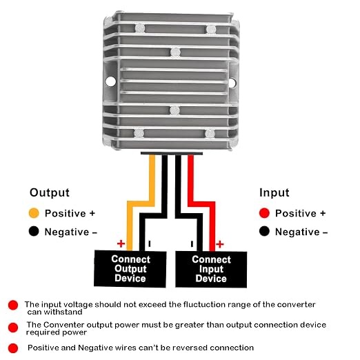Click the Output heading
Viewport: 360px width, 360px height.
coord(50,192)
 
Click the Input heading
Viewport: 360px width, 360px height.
coord(274,192)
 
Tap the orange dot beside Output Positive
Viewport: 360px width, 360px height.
coord(34,213)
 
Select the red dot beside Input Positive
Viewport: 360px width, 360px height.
coord(264,213)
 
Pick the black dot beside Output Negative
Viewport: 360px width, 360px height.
coord(34,231)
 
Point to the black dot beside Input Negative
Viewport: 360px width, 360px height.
coord(264,231)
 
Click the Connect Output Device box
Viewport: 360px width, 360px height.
coord(130,268)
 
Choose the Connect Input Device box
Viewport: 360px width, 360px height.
coord(211,269)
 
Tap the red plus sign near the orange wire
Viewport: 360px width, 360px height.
coord(121,243)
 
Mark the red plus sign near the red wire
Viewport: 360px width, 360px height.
coord(220,244)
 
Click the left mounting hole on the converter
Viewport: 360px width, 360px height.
coord(110,81)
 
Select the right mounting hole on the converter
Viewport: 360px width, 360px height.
coord(232,83)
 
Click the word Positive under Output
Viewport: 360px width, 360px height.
coord(66,213)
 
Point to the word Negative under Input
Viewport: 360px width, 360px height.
coord(297,232)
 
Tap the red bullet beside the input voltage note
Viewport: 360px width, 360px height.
coord(13,305)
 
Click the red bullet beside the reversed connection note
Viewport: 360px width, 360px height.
coord(13,348)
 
